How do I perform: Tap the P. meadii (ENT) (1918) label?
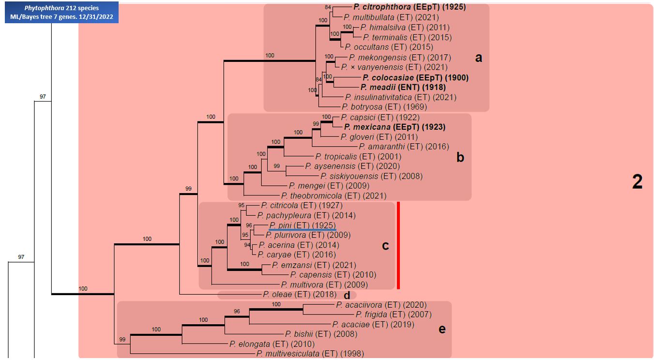pos(403,87)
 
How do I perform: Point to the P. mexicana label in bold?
pos(394,127)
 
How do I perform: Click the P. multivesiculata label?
pos(310,354)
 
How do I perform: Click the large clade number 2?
pos(637,182)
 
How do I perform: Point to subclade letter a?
pos(478,58)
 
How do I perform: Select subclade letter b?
pos(460,157)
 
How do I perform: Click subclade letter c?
pos(385,245)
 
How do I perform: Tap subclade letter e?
pos(441,329)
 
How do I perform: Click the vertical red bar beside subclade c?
pos(398,245)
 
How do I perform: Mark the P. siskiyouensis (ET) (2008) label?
pos(371,176)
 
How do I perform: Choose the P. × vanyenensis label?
pos(394,67)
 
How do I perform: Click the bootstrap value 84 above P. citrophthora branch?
pos(328,7)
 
